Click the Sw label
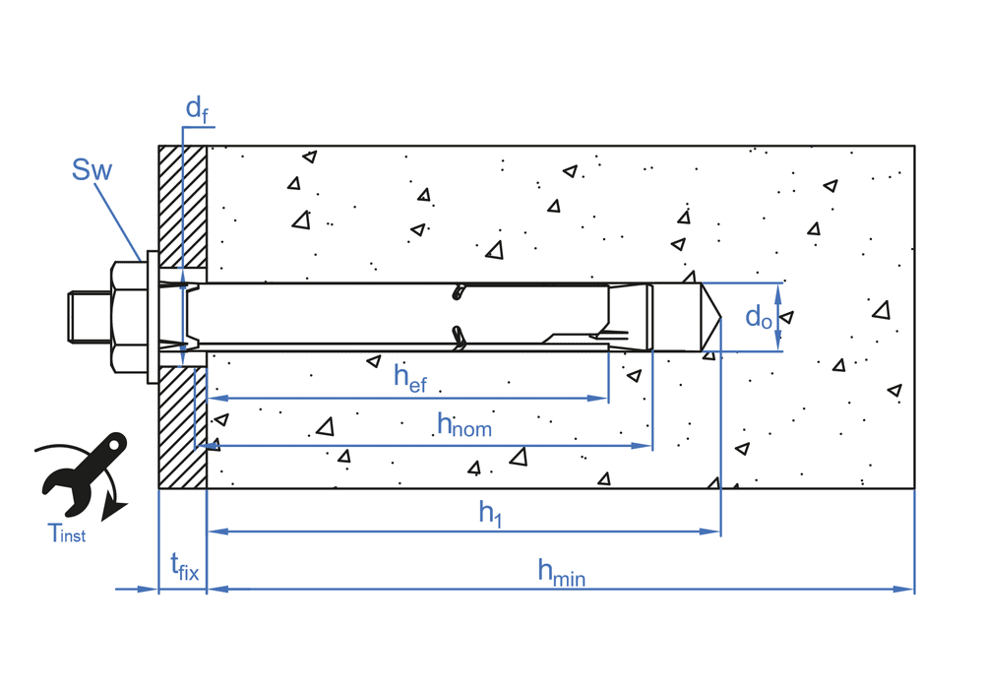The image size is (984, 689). tap(92, 170)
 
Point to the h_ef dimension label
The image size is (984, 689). tap(410, 378)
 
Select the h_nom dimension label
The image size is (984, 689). tap(463, 425)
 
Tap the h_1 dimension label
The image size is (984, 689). tap(490, 513)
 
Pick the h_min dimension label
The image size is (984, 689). tap(561, 572)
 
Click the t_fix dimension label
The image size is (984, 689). tap(184, 568)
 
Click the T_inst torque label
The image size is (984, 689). tap(67, 534)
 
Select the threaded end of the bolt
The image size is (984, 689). tap(87, 316)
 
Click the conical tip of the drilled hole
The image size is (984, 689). tap(711, 316)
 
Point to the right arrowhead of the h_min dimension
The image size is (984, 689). tap(908, 590)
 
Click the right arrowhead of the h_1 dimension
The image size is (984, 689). tap(715, 532)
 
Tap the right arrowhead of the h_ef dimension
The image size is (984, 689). tap(602, 399)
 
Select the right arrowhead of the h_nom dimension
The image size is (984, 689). tap(647, 446)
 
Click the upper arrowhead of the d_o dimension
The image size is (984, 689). tap(779, 288)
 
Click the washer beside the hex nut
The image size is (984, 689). tap(152, 316)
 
